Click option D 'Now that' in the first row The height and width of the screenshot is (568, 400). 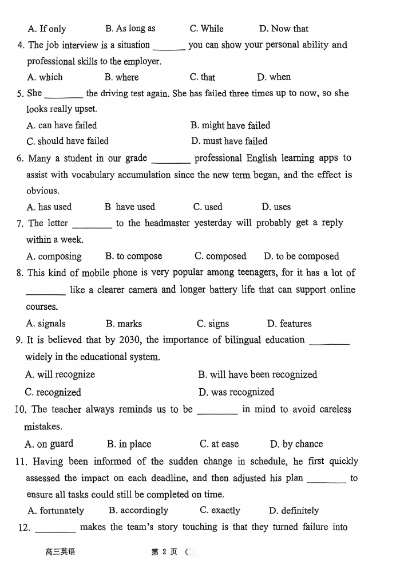coord(284,29)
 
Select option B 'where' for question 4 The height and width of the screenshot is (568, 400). coord(122,77)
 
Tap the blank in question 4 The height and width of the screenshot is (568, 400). coord(169,45)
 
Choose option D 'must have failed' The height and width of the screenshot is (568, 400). coord(229,141)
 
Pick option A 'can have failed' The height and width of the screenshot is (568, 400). coord(62,125)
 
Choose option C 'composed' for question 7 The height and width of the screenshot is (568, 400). coord(220,256)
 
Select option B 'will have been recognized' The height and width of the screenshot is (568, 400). coord(258,374)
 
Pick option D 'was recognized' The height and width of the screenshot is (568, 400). coord(236,392)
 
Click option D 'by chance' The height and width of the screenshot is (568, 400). coord(296,444)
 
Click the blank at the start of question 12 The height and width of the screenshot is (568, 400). coord(55,528)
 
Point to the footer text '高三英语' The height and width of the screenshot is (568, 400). coord(60,552)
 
